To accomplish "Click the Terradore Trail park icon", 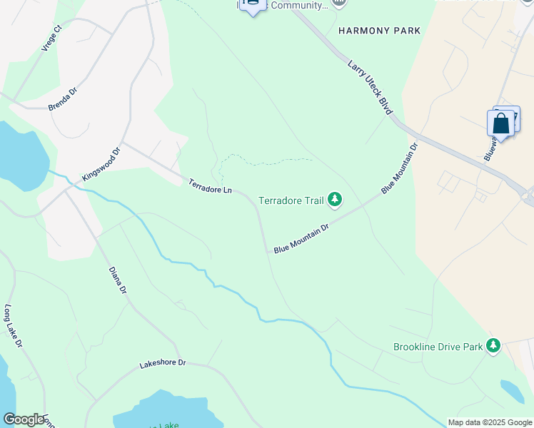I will (x=335, y=201).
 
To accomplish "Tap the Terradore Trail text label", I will (x=291, y=201).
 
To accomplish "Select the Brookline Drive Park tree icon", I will (x=493, y=347).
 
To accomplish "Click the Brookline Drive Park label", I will (x=438, y=347).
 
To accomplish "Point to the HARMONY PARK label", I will (x=380, y=31).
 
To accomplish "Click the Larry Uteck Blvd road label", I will (x=371, y=88).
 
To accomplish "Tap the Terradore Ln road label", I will (x=211, y=187).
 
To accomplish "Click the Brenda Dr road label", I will (x=62, y=100).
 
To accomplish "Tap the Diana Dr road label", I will (x=118, y=280).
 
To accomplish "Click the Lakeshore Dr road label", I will (x=162, y=363).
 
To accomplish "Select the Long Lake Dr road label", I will (x=14, y=327).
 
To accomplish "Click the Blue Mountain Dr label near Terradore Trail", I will (x=301, y=238).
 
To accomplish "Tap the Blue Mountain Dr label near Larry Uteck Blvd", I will (x=399, y=168).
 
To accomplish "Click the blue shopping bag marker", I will (x=501, y=124).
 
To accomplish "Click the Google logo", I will (x=24, y=419).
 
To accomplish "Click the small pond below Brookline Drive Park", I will (x=512, y=391).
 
